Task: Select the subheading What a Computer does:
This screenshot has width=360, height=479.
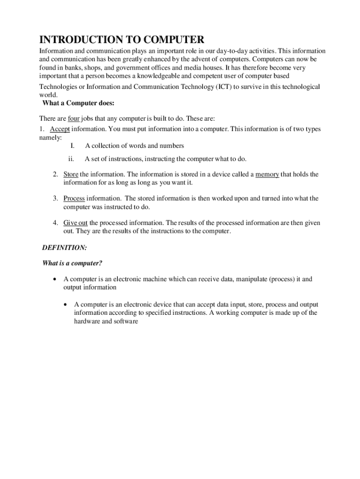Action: (79, 103)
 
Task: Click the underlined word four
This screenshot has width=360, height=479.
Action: (74, 119)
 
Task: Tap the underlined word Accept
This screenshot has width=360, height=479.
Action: (60, 129)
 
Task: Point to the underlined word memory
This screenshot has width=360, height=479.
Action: (267, 174)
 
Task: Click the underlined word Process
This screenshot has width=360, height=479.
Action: (74, 198)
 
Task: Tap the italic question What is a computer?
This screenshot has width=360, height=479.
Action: (72, 263)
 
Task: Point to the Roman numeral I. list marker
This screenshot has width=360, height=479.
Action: (73, 146)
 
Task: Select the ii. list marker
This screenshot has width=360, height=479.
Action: (72, 159)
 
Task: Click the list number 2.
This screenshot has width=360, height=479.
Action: (55, 174)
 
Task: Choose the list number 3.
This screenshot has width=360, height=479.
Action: (55, 198)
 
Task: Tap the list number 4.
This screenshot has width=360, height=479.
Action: (55, 223)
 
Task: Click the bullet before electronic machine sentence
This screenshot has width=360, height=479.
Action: (56, 280)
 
